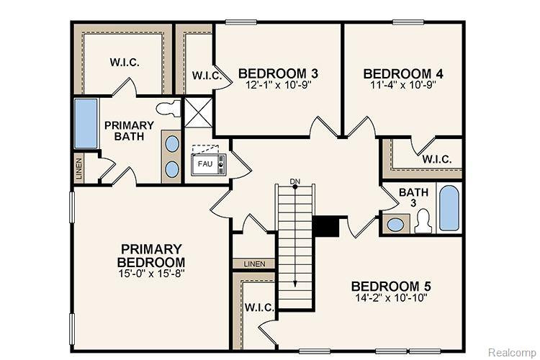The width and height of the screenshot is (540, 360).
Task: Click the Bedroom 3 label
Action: pos(278,73)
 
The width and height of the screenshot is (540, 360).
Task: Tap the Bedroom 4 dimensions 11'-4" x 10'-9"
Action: pos(403,85)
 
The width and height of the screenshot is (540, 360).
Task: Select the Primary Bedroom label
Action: pos(151,256)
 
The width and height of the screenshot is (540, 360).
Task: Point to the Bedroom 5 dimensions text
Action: pos(391,297)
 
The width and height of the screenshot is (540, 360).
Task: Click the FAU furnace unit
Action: pos(209,165)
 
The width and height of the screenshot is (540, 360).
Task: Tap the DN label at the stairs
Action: pos(294,181)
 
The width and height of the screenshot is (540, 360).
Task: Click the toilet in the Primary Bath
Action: pos(168,109)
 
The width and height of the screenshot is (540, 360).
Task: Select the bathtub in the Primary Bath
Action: pos(86,123)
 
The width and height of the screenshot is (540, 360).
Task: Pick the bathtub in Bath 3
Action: pos(449,208)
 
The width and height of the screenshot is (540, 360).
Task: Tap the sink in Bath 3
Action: pos(395,225)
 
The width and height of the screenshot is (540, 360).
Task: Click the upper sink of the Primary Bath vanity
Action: pos(172,144)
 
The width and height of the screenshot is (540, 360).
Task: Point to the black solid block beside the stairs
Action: pos(325,226)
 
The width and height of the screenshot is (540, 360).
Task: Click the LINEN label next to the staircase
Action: pos(254,264)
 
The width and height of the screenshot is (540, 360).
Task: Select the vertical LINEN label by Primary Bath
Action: pos(79,169)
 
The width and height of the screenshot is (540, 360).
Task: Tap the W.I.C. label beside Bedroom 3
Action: pos(207,76)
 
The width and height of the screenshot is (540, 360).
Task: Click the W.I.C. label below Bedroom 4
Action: pos(437,160)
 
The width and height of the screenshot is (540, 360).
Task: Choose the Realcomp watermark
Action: pos(512,352)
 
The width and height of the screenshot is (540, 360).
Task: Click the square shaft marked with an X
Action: pos(199,112)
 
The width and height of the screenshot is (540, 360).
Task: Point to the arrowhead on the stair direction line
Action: pos(294,283)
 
